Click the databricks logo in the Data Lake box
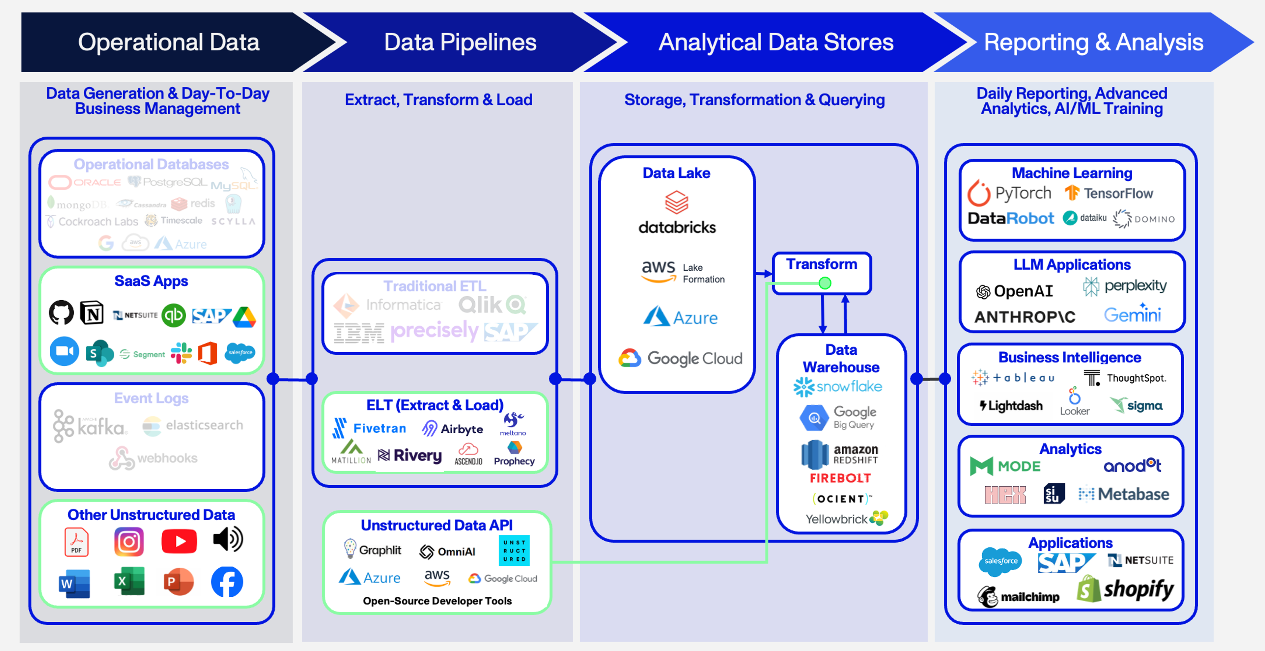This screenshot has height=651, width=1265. coord(677,214)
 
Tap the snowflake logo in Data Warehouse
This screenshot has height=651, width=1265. coord(838,387)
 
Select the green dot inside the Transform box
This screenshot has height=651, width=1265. coord(825,283)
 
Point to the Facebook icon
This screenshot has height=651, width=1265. coord(227,582)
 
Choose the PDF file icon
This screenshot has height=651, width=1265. coord(76,542)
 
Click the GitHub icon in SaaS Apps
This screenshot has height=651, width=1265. coord(61,313)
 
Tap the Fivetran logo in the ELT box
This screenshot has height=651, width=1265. coord(369,428)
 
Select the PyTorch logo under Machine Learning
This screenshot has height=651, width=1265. coord(1009,193)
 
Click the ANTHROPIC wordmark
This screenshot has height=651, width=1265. coord(1025,317)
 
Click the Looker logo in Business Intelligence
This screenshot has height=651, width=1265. coord(1075,402)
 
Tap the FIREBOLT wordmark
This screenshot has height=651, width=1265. coord(840,478)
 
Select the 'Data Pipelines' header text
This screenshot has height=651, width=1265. coord(460,42)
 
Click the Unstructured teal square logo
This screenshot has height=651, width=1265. coord(514,550)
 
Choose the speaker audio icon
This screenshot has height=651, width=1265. coord(228,539)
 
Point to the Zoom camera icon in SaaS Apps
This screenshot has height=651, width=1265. coord(64,351)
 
